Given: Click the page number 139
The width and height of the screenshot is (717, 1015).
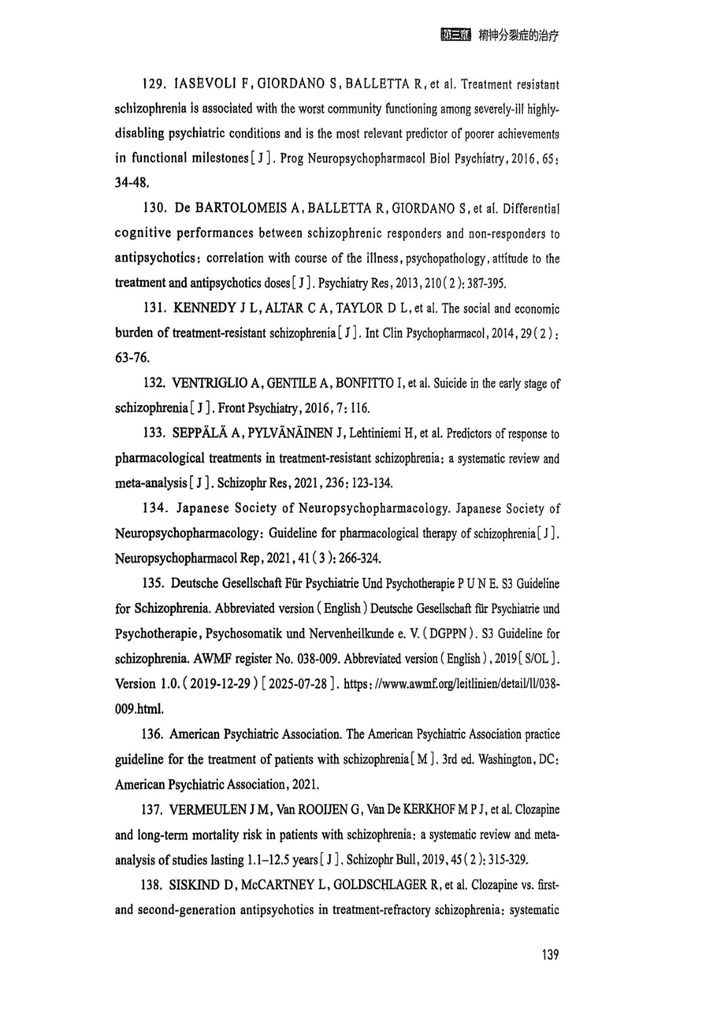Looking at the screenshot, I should click(550, 956).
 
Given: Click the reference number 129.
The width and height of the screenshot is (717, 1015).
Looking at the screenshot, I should click(155, 83).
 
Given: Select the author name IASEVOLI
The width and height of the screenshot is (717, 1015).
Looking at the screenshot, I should click(206, 83).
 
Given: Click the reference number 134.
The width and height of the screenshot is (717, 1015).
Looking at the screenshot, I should click(155, 509).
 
